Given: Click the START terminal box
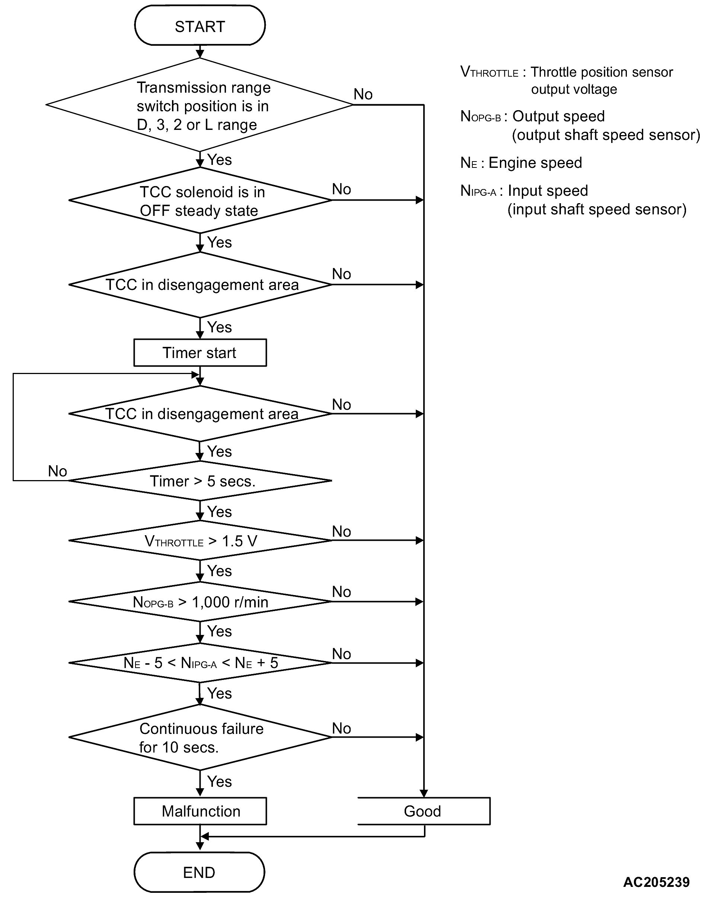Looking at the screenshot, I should (x=200, y=26).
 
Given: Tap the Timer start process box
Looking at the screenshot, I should (x=200, y=352).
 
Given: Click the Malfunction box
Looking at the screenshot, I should (x=200, y=811).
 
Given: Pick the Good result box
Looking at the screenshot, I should (x=423, y=811).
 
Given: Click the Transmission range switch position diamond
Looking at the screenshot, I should (x=200, y=105).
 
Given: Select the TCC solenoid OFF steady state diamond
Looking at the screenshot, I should (x=200, y=201).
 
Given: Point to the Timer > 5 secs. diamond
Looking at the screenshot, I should (x=200, y=481).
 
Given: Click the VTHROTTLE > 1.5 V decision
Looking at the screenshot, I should (x=200, y=541).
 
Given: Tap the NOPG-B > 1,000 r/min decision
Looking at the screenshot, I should (x=200, y=602).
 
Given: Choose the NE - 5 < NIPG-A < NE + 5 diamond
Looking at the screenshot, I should (x=200, y=663).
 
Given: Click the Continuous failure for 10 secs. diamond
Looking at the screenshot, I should (x=200, y=738).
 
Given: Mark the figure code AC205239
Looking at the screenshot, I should (x=656, y=882).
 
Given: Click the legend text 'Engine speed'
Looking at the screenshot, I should (x=535, y=163).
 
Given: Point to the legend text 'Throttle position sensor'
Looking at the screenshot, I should (x=602, y=72).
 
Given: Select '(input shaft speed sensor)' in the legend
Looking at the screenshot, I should (x=596, y=209).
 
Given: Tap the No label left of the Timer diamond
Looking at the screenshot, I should (x=57, y=471).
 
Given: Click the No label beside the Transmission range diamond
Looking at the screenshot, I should (x=363, y=94).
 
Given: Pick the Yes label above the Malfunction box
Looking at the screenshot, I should (x=219, y=782).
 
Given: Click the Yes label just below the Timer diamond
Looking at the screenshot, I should (x=219, y=511).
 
